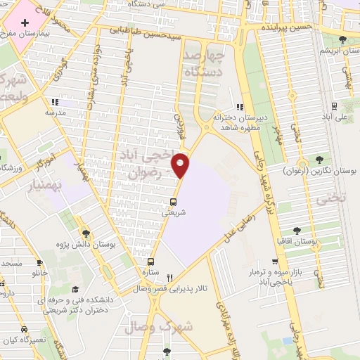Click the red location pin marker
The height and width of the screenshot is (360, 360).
[181, 165]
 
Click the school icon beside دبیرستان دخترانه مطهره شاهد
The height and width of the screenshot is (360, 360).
[240, 108]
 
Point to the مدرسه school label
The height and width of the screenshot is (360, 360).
[55, 112]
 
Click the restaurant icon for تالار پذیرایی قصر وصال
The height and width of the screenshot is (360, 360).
[169, 278]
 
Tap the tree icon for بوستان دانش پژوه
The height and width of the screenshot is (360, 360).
[85, 233]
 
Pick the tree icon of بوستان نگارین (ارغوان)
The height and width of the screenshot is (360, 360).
[321, 161]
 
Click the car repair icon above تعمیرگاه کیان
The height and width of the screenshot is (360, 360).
[25, 328]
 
